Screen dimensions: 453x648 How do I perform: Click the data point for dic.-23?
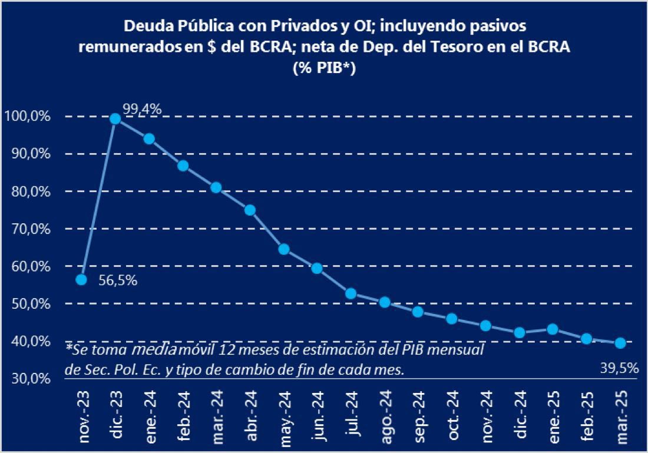coord(115,118)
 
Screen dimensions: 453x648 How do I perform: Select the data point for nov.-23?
coord(82,279)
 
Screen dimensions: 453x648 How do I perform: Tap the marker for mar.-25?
coord(620,343)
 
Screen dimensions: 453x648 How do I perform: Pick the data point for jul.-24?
coord(351,293)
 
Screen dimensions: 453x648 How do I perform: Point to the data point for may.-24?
coord(284,249)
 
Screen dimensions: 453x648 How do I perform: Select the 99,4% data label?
coord(142,108)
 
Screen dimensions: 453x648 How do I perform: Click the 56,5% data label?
coord(118,281)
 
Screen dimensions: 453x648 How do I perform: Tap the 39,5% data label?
coord(619,368)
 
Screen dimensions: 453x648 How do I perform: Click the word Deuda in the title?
coord(144,27)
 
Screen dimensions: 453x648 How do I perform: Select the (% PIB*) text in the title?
coord(323,67)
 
